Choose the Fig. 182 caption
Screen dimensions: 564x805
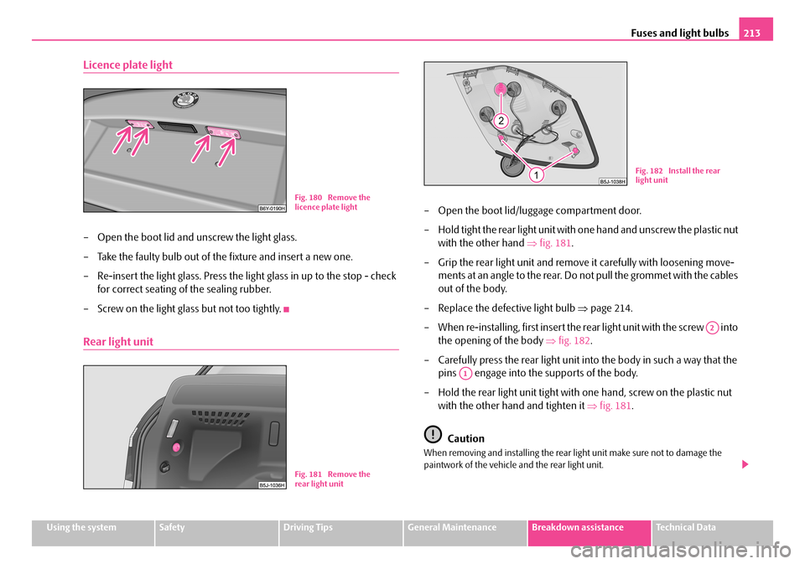click(x=677, y=175)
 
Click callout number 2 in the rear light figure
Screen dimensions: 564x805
click(x=501, y=121)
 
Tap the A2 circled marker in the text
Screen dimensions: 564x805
click(x=712, y=328)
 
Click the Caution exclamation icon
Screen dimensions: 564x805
click(x=431, y=435)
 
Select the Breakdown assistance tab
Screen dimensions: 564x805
click(x=589, y=528)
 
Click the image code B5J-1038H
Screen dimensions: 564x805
click(x=615, y=180)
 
